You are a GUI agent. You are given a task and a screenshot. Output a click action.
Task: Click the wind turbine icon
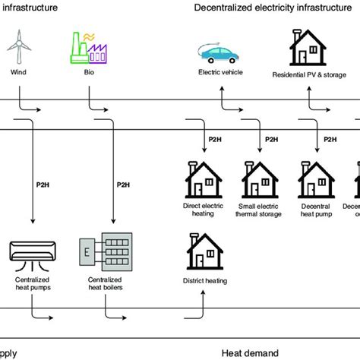coord(17,47)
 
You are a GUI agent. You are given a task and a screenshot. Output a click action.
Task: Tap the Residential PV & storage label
coord(308,75)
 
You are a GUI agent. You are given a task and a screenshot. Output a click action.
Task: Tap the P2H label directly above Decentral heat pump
coord(331,139)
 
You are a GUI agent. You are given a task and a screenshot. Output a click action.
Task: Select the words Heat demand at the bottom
coord(251,352)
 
